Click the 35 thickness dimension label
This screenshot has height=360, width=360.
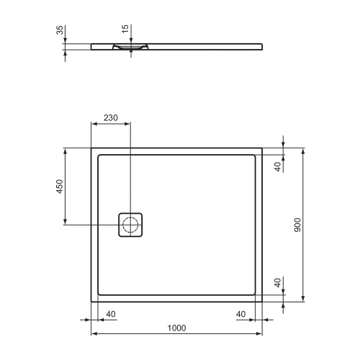(59, 31)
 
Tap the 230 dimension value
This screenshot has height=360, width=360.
(110, 118)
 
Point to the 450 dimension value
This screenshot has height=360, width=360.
(60, 186)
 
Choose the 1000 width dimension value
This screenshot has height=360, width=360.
(176, 328)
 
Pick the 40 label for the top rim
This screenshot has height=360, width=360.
(278, 167)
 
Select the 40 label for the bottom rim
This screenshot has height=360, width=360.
(278, 283)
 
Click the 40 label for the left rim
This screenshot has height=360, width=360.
(111, 314)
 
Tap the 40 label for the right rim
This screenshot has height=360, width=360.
(240, 314)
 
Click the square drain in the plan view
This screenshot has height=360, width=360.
(130, 225)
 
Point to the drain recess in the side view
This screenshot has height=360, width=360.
(130, 46)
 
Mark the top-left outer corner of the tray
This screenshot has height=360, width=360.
(91, 148)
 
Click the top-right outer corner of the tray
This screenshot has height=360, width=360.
(261, 148)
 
